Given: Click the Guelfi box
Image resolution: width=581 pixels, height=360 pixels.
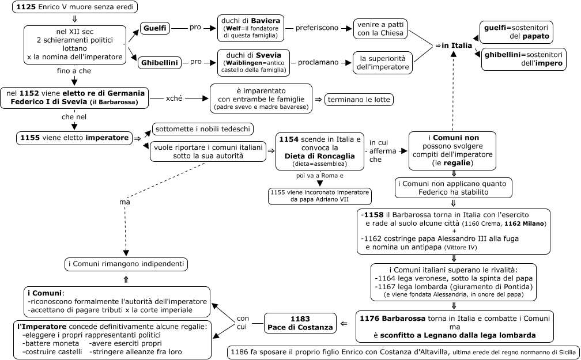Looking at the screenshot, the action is click(x=155, y=29).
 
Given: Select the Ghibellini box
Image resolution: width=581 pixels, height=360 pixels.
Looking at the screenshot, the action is click(x=159, y=63).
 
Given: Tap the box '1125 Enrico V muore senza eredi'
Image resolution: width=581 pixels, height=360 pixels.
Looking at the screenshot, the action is click(x=75, y=7).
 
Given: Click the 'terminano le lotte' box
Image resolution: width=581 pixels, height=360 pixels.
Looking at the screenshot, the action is click(x=359, y=100).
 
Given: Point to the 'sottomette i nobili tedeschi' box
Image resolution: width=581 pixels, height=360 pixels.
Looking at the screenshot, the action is click(x=203, y=129).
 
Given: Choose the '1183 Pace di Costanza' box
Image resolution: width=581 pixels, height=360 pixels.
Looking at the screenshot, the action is click(x=300, y=323).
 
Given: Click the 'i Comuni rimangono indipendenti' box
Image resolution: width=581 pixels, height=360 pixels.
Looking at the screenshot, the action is click(x=126, y=264).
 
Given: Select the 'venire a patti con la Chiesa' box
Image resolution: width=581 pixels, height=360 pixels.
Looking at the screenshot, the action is click(x=380, y=29).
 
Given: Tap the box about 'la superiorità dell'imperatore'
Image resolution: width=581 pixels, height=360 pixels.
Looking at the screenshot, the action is click(x=383, y=63).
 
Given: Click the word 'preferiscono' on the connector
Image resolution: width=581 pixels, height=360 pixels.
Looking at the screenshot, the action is click(x=317, y=28).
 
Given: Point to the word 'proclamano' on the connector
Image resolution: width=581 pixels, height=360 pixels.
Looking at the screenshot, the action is click(x=318, y=62).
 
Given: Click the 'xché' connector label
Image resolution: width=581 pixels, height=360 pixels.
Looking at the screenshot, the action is click(x=174, y=98).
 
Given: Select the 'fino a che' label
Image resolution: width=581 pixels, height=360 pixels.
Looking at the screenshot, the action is click(x=74, y=71).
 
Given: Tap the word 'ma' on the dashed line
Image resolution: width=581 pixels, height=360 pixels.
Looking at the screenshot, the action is click(x=124, y=202).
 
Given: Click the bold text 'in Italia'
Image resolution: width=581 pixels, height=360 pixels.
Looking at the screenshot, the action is click(x=457, y=45).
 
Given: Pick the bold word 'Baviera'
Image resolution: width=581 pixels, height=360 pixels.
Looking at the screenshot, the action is click(x=266, y=20).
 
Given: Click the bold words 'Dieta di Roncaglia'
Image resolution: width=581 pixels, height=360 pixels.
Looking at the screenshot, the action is click(x=320, y=156).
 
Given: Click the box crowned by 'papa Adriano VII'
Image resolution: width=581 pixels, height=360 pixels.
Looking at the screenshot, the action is click(x=320, y=196).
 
